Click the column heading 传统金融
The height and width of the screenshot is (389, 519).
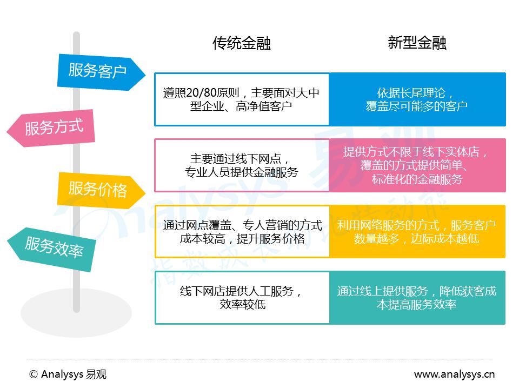242,44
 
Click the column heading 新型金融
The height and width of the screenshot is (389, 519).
417,43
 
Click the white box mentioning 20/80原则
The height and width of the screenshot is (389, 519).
242,99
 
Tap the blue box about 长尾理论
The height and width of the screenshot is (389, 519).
417,99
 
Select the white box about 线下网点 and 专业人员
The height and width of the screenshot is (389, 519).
242,165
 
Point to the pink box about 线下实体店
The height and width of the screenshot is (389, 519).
417,165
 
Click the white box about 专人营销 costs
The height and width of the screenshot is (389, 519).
242,231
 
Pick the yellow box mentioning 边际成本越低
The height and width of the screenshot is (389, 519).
417,231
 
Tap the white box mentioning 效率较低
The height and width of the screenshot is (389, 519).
242,297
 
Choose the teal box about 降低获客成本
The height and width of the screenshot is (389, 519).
417,297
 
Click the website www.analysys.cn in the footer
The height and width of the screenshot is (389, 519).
454,374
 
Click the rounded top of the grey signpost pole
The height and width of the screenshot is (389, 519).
76,36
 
